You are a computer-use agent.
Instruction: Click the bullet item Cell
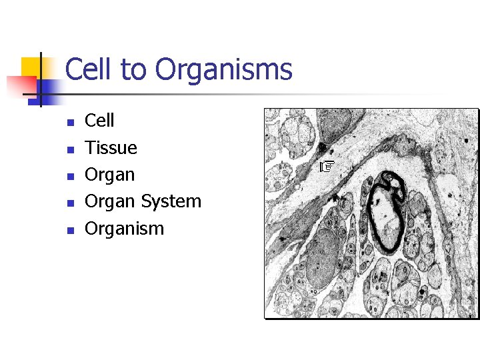99,121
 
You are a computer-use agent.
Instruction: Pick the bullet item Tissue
111,147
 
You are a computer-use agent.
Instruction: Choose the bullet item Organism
124,229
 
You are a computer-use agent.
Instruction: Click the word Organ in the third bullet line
109,175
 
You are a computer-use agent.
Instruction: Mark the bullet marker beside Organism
69,230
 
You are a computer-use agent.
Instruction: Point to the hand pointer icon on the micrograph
326,166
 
